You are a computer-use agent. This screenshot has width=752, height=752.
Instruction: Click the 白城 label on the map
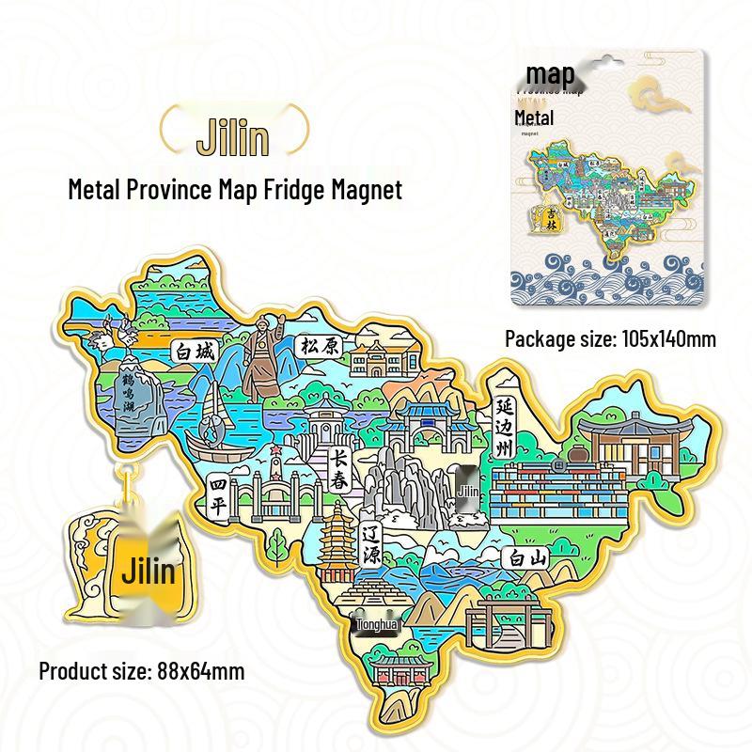[x=194, y=352]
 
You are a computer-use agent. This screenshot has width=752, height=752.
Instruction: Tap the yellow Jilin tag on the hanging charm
[x=148, y=570]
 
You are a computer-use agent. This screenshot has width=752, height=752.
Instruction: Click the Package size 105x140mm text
[x=610, y=339]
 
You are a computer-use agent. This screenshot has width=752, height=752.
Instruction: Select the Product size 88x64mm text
[x=141, y=671]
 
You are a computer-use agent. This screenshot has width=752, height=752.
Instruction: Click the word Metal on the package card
[x=534, y=117]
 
